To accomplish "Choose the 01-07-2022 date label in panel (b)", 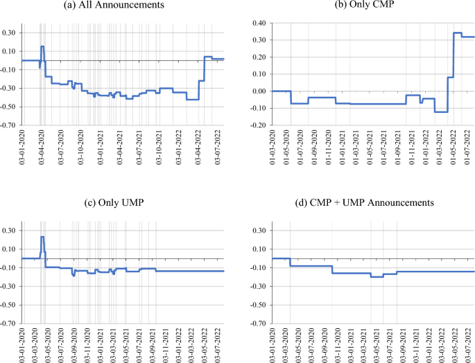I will click(x=469, y=147).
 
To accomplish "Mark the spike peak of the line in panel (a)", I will click(x=42, y=46).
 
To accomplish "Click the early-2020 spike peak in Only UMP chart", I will click(x=42, y=237).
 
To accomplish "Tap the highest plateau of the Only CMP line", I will click(x=457, y=33).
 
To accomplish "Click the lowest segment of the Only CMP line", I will click(x=441, y=112).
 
